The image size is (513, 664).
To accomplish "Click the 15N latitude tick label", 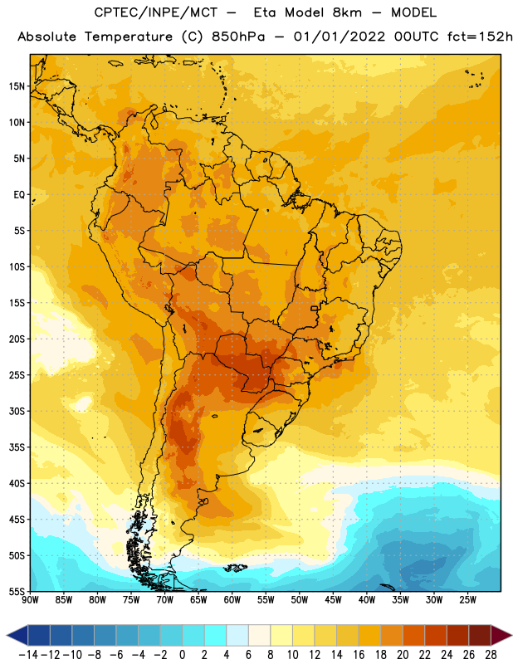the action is tap(17, 86).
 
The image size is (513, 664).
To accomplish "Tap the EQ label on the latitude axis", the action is tap(19, 195).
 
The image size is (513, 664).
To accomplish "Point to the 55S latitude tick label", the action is tap(17, 592).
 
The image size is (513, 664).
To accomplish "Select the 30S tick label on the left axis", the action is tap(17, 411).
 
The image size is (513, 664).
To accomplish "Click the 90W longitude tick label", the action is tap(30, 600).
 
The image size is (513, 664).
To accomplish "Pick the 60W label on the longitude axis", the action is tap(232, 600).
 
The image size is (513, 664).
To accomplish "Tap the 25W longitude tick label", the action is tap(467, 600).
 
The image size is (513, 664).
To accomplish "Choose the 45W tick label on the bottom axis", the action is tap(333, 600).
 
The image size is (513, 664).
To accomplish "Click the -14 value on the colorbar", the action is tap(28, 655).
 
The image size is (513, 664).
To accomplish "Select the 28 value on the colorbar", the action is tap(491, 655).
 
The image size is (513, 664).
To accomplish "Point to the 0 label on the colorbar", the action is tap(182, 655).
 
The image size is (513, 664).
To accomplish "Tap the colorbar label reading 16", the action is tap(359, 655).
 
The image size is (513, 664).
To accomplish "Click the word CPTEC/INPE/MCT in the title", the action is tap(155, 12).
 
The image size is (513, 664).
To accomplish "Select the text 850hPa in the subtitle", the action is tap(238, 37).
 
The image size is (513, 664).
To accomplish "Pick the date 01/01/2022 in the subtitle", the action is tap(340, 37).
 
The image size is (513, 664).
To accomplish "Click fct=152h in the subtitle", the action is tap(480, 37).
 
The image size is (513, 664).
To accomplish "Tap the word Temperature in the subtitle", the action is tap(129, 37).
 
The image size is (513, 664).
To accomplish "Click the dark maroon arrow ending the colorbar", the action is tap(502, 635).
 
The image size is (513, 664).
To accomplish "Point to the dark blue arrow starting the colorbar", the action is tap(17, 635).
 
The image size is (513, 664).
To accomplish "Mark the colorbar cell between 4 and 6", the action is tap(237, 635).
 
